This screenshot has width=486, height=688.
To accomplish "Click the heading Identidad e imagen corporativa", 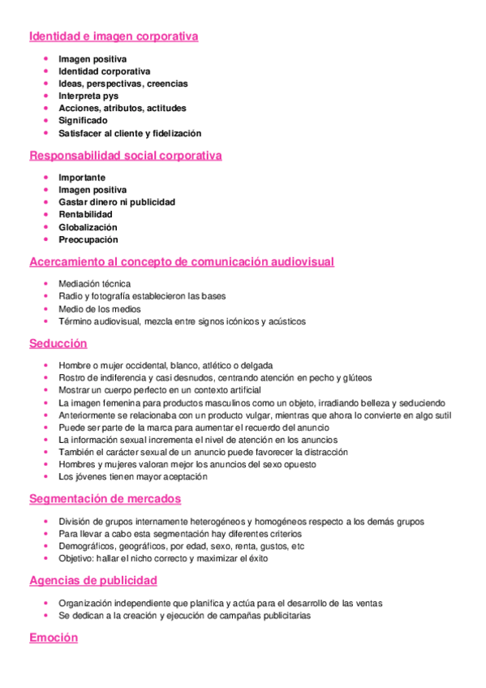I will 114,37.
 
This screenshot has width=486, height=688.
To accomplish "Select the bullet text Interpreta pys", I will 88,96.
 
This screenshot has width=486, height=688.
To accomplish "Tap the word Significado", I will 83,121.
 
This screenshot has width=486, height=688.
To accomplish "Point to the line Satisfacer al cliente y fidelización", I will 130,133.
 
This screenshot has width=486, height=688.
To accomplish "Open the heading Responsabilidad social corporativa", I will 125,156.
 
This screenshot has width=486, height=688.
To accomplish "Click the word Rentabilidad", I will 85,214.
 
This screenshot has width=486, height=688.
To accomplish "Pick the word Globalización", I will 88,227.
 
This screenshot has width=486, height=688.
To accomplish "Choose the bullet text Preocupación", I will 88,239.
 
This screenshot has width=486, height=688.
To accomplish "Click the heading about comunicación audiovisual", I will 182,262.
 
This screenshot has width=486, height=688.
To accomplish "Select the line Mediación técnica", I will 94,284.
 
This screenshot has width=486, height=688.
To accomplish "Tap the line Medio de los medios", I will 100,309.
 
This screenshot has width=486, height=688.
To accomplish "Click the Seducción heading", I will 58,343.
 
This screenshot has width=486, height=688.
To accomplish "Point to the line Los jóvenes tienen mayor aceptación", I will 133,477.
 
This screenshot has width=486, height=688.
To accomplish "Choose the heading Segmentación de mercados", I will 105,499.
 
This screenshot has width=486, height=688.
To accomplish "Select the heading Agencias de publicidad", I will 93,580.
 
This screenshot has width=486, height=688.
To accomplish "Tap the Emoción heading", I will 54,638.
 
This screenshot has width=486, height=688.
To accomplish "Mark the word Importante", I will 82,177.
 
